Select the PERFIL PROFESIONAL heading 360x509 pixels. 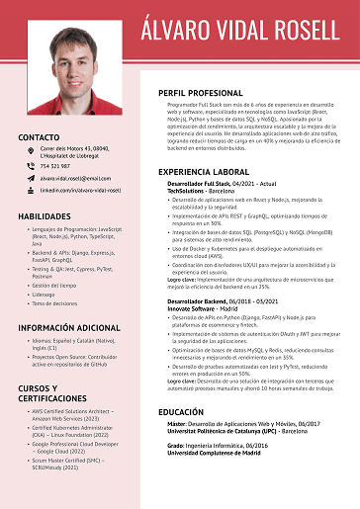point(200,92)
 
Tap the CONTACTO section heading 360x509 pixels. point(39,137)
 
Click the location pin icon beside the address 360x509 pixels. point(32,150)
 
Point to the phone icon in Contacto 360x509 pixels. point(32,166)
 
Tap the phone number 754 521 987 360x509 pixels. point(54,166)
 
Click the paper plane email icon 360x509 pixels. point(32,178)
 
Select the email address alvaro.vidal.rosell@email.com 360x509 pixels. point(75,178)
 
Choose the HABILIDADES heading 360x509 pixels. point(45,214)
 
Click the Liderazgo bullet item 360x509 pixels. point(44,294)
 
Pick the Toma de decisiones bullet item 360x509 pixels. point(55,303)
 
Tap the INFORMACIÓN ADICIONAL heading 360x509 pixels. point(68,327)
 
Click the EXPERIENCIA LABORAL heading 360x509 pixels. point(204,171)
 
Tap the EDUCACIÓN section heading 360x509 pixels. point(181,411)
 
